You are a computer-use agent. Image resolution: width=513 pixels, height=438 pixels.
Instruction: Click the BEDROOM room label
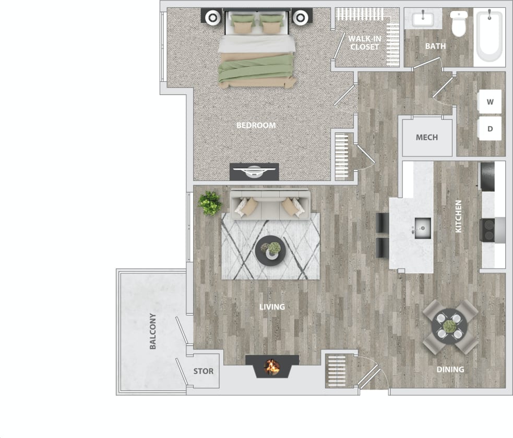click(x=256, y=126)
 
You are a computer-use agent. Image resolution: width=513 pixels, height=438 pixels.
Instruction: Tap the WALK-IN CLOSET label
click(x=365, y=42)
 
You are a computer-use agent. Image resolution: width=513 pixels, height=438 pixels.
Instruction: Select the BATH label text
click(x=435, y=46)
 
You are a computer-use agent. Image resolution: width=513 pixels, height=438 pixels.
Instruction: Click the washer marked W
click(x=490, y=102)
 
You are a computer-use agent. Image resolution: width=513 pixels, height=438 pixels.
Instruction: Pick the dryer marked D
click(x=490, y=128)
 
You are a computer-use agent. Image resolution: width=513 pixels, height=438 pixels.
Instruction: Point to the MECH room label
click(x=426, y=138)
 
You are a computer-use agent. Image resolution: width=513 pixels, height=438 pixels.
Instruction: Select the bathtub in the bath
click(x=490, y=36)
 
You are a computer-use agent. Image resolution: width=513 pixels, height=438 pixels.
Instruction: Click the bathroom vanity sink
click(x=422, y=20)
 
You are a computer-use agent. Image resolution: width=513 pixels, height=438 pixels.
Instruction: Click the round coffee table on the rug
click(x=271, y=250)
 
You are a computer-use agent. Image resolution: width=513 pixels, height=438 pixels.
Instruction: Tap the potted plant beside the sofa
click(x=210, y=203)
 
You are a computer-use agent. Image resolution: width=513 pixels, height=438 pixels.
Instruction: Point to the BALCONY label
click(x=153, y=331)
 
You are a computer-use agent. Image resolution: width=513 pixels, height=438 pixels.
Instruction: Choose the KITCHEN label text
click(x=459, y=216)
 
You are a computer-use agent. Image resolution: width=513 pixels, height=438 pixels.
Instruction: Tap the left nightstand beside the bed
click(x=213, y=17)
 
